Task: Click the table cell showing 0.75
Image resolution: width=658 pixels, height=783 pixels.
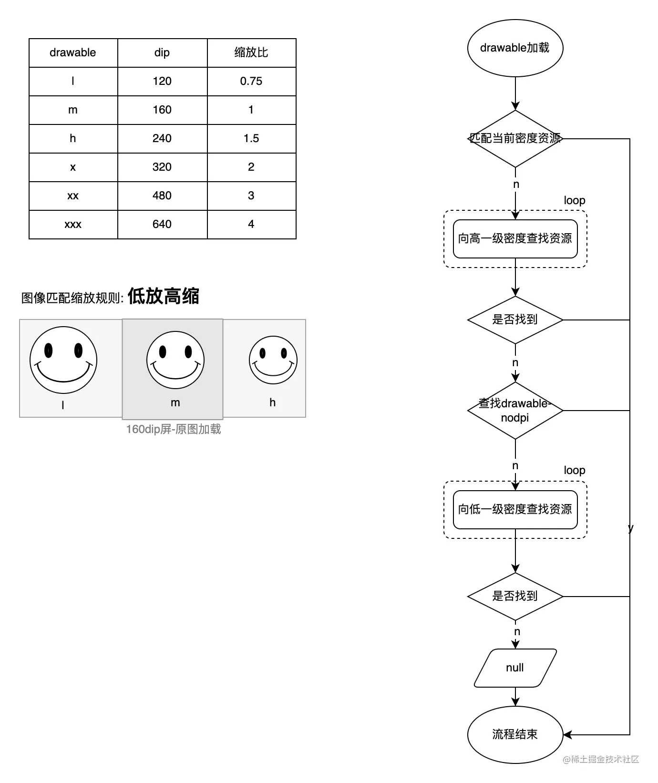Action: pos(251,82)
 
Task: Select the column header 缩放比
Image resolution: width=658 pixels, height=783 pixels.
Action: pos(251,52)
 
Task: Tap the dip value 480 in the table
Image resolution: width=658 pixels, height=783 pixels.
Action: pos(162,196)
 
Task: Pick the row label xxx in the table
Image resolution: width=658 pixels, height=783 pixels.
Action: pos(73,225)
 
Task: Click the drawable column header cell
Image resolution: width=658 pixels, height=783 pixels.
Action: pos(73,52)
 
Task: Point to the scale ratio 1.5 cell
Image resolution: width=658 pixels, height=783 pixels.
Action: pos(251,139)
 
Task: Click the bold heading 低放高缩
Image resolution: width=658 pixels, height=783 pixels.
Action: pos(163,296)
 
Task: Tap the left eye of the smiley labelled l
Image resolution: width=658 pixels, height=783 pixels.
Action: pos(48,351)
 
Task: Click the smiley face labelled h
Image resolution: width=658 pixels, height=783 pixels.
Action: pos(273,361)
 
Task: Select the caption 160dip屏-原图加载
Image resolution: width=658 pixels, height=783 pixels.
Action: pos(174,429)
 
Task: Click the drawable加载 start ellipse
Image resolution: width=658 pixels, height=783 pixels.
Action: pos(515,48)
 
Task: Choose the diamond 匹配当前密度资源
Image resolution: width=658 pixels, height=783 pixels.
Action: pos(515,139)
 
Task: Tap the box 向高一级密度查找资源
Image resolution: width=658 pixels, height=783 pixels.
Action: pos(515,239)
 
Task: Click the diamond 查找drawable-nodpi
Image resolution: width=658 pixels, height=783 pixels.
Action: pos(515,411)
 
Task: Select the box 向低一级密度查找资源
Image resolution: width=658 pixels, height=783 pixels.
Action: pos(515,510)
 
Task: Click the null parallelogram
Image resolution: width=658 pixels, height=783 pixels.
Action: pos(515,668)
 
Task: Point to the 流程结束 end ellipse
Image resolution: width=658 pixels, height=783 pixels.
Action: pos(515,734)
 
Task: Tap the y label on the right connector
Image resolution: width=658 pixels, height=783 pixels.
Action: pos(631,528)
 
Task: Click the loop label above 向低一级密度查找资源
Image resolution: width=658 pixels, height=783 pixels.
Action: pos(574,471)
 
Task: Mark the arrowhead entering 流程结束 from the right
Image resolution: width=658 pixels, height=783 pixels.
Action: pos(567,734)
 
